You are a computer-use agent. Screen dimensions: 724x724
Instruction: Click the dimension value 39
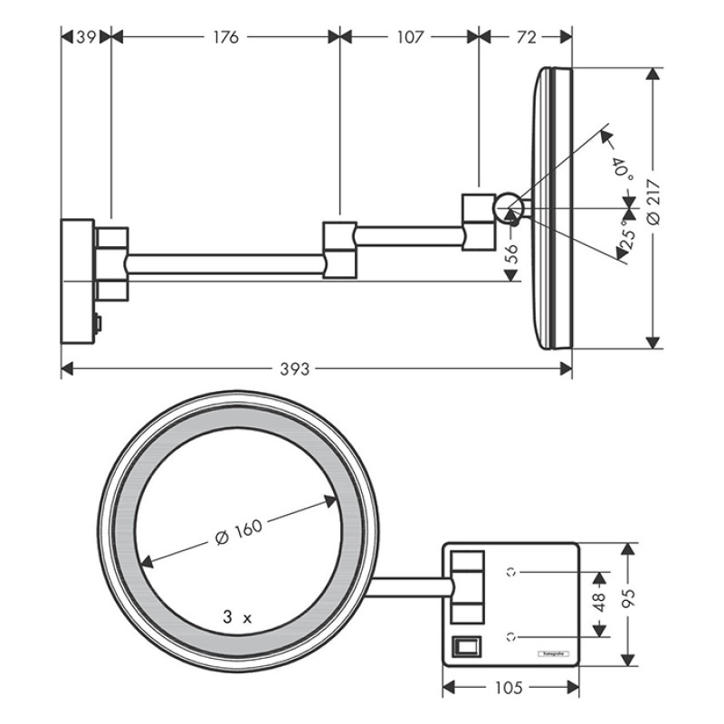pyautogui.click(x=86, y=37)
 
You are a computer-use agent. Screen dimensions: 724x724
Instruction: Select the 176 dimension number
pyautogui.click(x=224, y=37)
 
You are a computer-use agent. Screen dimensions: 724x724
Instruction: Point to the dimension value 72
pyautogui.click(x=526, y=37)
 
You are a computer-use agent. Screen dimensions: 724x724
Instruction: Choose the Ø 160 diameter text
pyautogui.click(x=240, y=531)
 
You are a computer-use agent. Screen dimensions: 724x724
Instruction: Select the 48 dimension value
pyautogui.click(x=599, y=604)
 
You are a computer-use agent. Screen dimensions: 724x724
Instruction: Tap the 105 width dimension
pyautogui.click(x=510, y=688)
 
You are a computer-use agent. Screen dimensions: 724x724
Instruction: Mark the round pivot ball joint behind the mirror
pyautogui.click(x=508, y=207)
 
